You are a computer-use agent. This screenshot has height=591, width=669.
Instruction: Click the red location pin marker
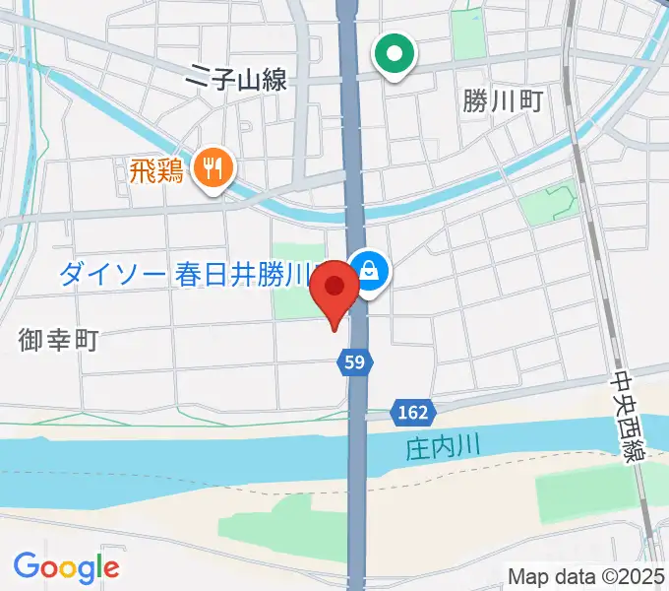pos(335,288)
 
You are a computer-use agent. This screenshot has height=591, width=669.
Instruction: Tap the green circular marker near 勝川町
pos(395,55)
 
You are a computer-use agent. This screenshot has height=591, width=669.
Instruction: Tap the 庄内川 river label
pos(442,446)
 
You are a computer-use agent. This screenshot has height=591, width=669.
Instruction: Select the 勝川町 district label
pos(503,100)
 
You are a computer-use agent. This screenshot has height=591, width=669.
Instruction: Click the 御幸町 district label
pos(58,341)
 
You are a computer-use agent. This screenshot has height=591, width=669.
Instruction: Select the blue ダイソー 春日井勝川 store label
pos(187,275)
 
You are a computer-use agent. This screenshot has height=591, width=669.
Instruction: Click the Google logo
pos(66,566)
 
